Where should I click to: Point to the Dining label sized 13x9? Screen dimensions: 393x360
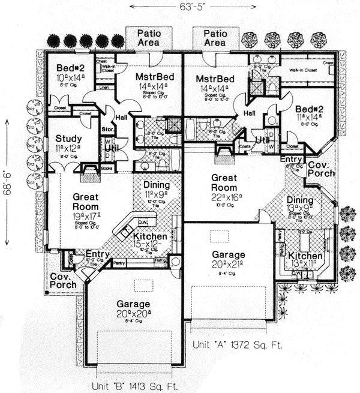(299, 202)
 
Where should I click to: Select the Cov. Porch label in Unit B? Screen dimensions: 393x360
(63, 280)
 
